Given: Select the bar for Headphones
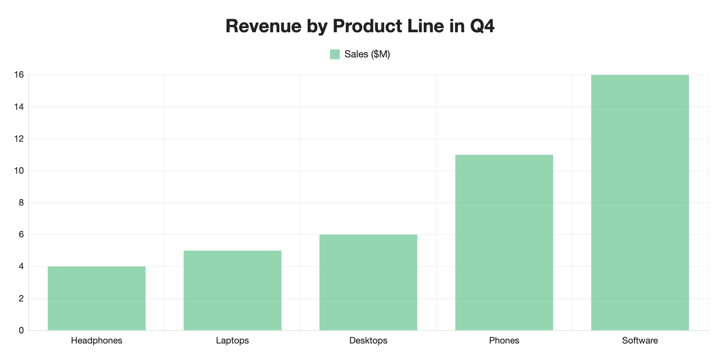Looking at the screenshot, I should tap(97, 298).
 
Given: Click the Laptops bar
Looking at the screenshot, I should tap(232, 290).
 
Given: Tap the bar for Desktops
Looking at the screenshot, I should tap(368, 282).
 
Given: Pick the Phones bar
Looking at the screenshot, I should tap(504, 242).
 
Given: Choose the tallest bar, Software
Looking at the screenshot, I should tap(640, 202).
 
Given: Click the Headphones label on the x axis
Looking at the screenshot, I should tap(97, 340).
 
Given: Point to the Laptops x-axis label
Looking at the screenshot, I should tap(232, 340).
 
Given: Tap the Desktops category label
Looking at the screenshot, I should tap(368, 340).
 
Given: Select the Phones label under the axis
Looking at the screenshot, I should tap(504, 340).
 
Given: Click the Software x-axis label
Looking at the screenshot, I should tap(640, 340).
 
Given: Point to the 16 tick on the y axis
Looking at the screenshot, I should tap(19, 75).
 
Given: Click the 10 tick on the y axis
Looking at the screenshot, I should tap(19, 171).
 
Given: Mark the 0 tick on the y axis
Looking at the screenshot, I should tap(21, 330).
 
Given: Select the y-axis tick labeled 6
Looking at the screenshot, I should tap(21, 235).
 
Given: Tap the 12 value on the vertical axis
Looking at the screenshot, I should tap(19, 139).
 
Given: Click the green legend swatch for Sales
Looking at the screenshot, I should tap(335, 54).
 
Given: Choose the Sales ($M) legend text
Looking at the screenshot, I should tap(367, 54).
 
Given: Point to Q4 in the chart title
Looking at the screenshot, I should tap(482, 26).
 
